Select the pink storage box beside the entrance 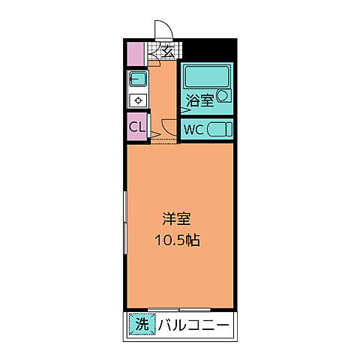coord(135,55)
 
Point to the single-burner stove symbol coord(138,100)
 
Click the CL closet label coord(136,127)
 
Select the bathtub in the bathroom coord(204,76)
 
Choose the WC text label coord(193,129)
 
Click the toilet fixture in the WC coord(219,129)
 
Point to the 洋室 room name coord(178,220)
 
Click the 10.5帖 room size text coord(178,241)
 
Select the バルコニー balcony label coord(193,324)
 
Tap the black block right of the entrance coord(209,49)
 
